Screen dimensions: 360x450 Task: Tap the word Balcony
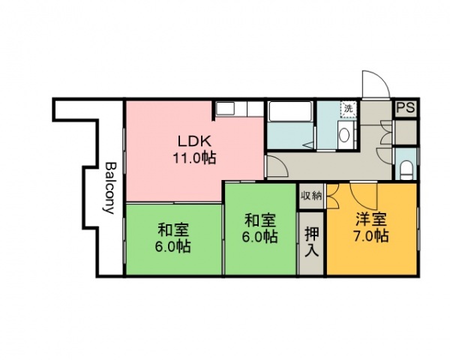(x=110, y=187)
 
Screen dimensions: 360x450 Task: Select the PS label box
(x=406, y=108)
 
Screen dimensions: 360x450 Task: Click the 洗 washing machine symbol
(x=348, y=109)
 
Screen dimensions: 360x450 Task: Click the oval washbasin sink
(x=343, y=136)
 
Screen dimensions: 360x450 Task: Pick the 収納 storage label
(x=312, y=196)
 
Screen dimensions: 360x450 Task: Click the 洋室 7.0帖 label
(x=371, y=227)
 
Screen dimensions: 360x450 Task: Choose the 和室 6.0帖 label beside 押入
(x=261, y=228)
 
